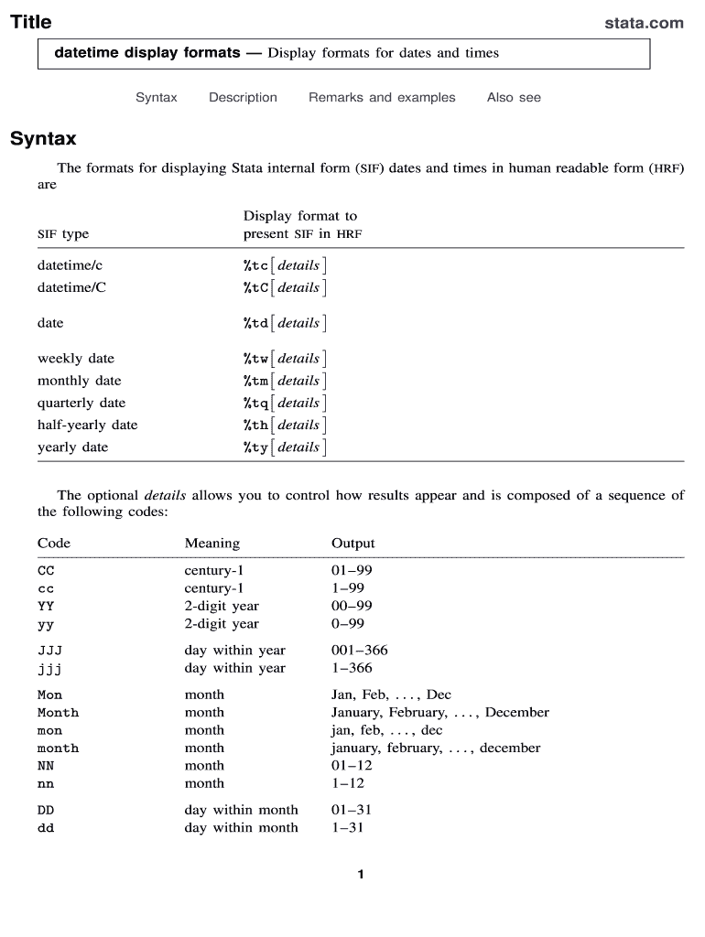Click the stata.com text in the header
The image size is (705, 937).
[x=644, y=23]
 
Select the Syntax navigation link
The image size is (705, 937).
[x=157, y=98]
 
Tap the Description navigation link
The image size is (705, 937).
[x=243, y=98]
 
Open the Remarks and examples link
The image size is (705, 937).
[x=382, y=98]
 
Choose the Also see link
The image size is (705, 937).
[x=514, y=98]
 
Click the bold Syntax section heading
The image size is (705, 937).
[x=43, y=140]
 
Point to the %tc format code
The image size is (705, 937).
[x=255, y=266]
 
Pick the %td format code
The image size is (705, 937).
[x=255, y=324]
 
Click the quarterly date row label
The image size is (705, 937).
[x=81, y=404]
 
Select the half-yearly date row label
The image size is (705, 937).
[x=87, y=425]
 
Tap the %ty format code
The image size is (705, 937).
[x=255, y=448]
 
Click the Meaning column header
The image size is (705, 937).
[x=211, y=544]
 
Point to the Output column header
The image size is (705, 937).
[x=352, y=544]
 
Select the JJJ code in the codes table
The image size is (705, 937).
[x=49, y=651]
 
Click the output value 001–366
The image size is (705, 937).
[x=359, y=651]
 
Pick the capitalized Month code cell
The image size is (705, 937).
[x=58, y=713]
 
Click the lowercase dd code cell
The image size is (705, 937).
[x=46, y=828]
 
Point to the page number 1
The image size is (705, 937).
[x=361, y=875]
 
